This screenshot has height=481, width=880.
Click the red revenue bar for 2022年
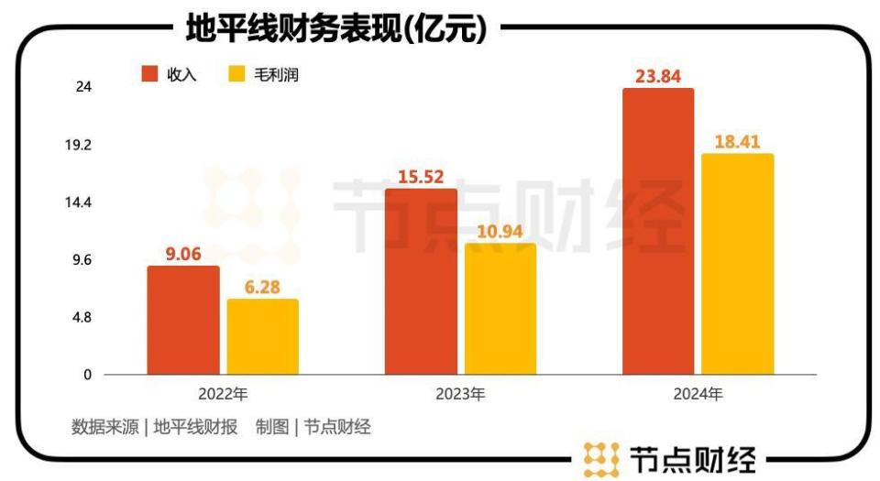(183, 320)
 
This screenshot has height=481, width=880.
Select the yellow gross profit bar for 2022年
(262, 336)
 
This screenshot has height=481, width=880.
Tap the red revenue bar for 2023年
(420, 281)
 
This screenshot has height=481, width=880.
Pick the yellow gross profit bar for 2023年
(500, 309)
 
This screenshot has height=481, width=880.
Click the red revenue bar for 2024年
(658, 231)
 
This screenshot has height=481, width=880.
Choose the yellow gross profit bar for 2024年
(738, 264)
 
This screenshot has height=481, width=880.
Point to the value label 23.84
(658, 76)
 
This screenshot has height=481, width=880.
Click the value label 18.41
(738, 141)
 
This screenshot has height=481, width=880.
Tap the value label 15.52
(420, 176)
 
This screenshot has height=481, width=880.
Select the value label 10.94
(500, 230)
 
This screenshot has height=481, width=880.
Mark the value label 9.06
(183, 254)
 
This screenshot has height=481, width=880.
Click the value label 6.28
(262, 287)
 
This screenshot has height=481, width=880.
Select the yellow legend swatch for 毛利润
(236, 74)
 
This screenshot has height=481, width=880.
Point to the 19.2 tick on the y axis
(82, 145)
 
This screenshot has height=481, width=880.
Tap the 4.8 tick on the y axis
(82, 318)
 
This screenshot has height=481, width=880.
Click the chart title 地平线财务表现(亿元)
(335, 29)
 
